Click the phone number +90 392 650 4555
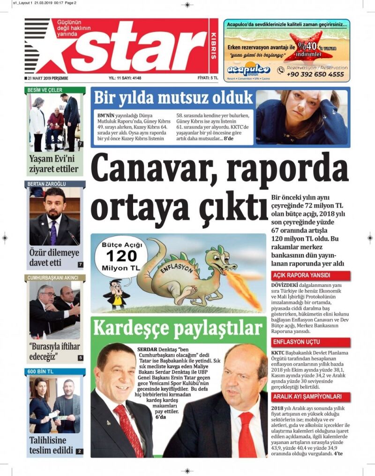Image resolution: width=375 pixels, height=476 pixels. point(316,74)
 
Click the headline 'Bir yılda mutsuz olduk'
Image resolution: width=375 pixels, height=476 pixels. point(173,99)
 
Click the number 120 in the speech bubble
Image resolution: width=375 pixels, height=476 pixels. point(121,256)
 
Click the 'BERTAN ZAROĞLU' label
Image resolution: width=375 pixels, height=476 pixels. point(47,184)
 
